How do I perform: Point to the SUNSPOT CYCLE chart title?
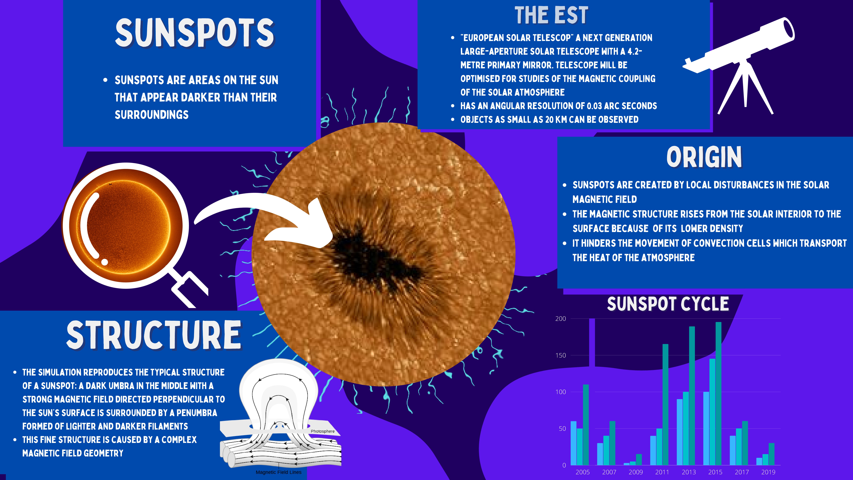tap(668, 304)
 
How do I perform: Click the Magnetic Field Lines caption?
tap(279, 472)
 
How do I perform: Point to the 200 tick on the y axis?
tap(561, 319)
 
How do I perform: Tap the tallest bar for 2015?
tap(718, 394)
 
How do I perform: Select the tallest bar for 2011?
tap(665, 404)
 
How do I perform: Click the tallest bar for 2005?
tap(586, 425)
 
